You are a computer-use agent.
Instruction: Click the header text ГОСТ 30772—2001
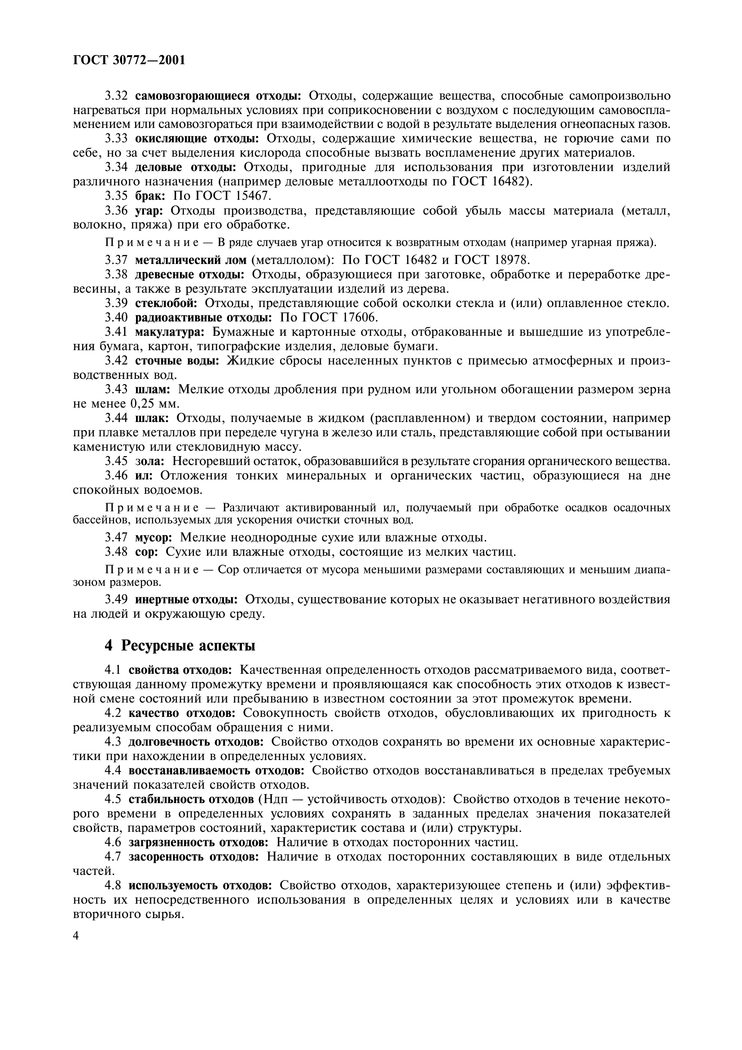(x=129, y=60)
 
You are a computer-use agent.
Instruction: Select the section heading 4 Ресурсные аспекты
(x=180, y=645)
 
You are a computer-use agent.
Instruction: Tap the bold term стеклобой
(x=167, y=303)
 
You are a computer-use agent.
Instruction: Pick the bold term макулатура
(x=170, y=332)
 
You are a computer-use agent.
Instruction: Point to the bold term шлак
(x=152, y=418)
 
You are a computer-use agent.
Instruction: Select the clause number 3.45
(x=116, y=461)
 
